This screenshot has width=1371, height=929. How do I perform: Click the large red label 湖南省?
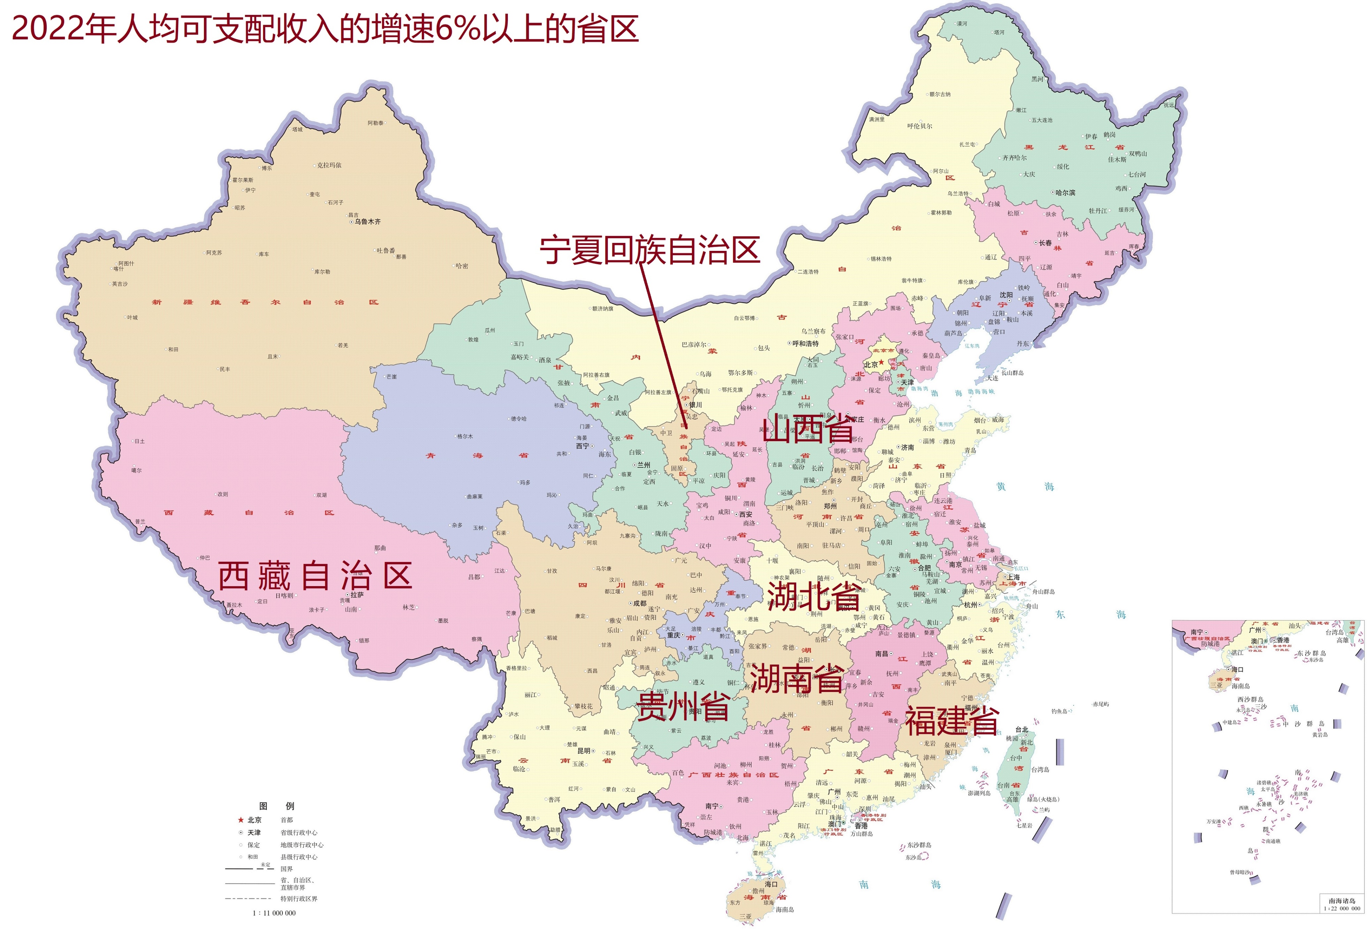(797, 678)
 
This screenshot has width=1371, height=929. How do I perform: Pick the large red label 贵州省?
(684, 706)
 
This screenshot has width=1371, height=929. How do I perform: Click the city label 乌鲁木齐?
(367, 222)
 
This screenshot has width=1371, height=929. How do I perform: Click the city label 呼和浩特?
(805, 343)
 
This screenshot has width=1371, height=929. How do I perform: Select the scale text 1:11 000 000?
(274, 913)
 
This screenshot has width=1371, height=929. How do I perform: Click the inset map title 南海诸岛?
(1341, 901)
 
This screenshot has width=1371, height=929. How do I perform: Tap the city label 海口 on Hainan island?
(771, 884)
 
